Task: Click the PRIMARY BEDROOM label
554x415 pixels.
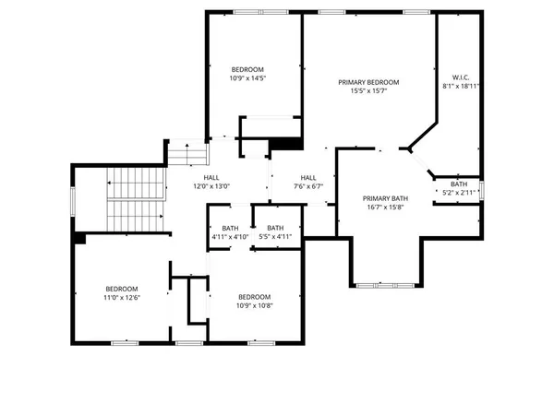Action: tap(368, 81)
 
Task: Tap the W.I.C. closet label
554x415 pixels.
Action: tap(461, 77)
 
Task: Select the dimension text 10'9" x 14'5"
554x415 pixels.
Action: tap(247, 79)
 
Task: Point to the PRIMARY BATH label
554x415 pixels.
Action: tap(385, 198)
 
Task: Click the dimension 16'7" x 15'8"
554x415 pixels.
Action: tap(385, 207)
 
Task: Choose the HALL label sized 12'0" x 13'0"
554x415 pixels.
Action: tap(211, 177)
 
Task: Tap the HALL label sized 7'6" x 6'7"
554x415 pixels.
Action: tap(307, 177)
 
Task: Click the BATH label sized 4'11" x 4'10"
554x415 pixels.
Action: tap(230, 228)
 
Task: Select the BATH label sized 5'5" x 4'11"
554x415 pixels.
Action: tap(275, 228)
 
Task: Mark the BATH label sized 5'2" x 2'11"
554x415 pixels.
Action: tap(458, 184)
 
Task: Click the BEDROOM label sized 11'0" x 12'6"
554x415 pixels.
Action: tap(121, 288)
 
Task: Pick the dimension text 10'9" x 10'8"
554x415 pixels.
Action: tap(254, 305)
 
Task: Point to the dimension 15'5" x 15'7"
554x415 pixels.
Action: tap(368, 90)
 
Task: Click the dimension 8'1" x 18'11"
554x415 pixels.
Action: tap(461, 86)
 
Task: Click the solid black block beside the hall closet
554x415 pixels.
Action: tap(287, 144)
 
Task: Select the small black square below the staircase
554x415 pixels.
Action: tap(80, 238)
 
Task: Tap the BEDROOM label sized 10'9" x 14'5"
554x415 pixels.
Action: tap(247, 70)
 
